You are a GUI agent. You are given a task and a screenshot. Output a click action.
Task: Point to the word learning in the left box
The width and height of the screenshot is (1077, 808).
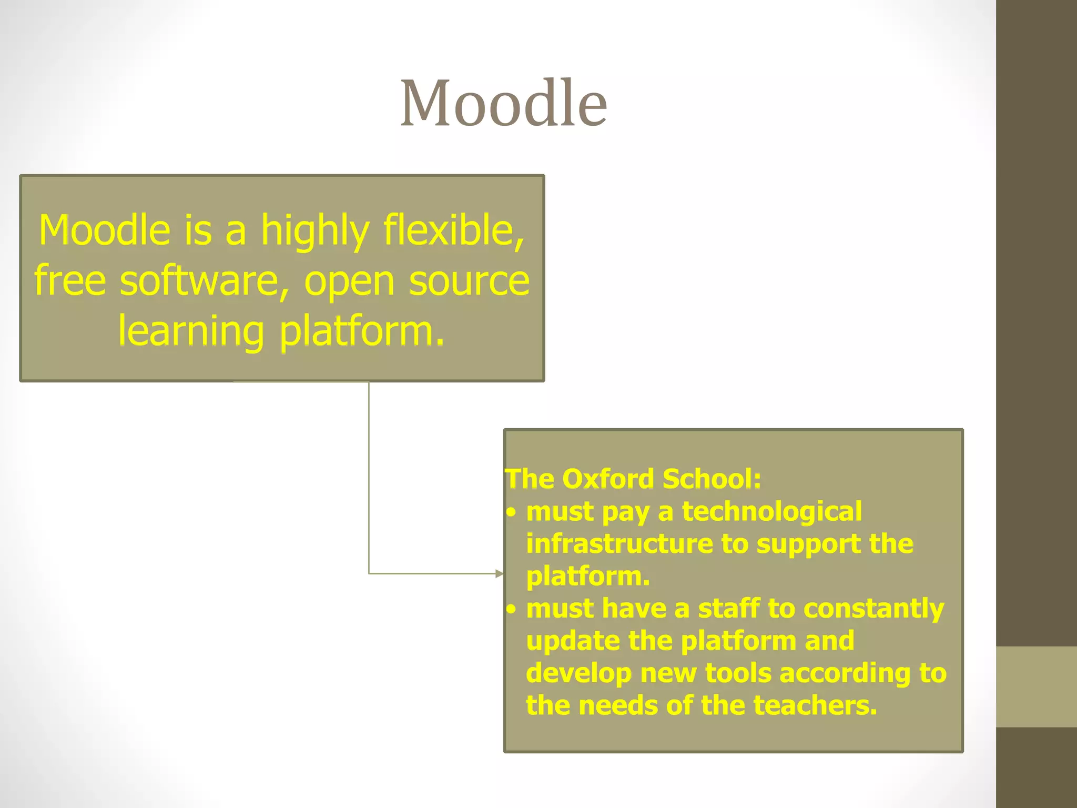190,331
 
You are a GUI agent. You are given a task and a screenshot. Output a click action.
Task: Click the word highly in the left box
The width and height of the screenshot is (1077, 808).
315,231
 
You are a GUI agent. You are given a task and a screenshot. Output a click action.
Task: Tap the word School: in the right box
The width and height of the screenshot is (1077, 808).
712,479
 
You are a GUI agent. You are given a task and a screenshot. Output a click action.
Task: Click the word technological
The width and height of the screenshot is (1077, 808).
772,511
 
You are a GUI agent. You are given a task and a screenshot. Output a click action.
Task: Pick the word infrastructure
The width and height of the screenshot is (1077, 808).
619,543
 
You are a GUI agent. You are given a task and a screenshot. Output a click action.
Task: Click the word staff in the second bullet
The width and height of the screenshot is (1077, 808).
729,608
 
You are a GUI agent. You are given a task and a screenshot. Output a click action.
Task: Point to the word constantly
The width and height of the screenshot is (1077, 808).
873,609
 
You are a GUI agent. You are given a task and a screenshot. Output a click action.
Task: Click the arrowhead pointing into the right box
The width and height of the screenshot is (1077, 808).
500,573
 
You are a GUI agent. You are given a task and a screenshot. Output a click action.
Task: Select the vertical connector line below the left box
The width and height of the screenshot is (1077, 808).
369,473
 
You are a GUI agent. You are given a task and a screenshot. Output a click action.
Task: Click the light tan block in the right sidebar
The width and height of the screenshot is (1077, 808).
1036,686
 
